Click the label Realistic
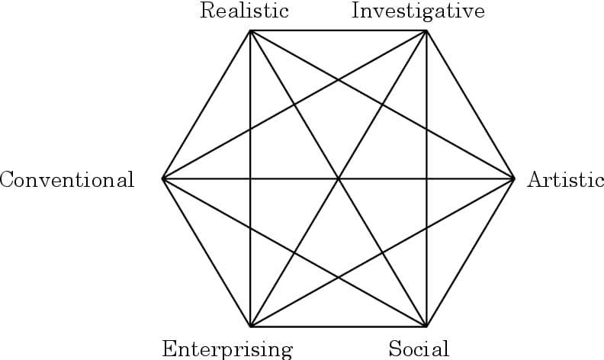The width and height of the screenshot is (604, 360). (x=244, y=11)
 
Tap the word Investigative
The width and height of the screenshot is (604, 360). (x=418, y=11)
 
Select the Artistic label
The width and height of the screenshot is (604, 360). (x=565, y=180)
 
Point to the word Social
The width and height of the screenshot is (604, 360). (x=419, y=349)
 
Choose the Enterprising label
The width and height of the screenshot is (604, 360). (x=227, y=349)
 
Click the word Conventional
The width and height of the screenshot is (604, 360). (x=67, y=180)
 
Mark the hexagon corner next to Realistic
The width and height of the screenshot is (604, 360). (x=251, y=31)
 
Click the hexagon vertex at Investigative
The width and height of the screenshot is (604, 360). (x=426, y=31)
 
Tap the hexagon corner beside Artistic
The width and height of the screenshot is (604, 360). (x=515, y=178)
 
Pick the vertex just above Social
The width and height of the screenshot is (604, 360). (x=426, y=326)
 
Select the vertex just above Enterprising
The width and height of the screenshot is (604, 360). (x=251, y=326)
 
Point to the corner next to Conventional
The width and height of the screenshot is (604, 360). (x=162, y=178)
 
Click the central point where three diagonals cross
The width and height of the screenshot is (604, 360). (x=339, y=178)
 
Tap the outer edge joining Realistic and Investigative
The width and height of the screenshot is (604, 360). (x=339, y=31)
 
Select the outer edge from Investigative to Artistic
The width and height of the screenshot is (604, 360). (x=471, y=104)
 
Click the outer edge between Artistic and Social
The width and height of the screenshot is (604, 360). (x=471, y=252)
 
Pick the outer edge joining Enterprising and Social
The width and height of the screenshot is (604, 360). (x=339, y=326)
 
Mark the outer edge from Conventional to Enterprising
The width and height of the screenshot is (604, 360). (x=207, y=252)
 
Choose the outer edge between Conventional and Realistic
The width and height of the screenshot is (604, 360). (x=207, y=104)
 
